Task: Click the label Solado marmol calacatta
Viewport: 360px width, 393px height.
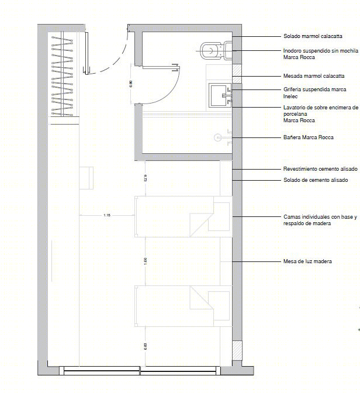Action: pyautogui.click(x=313, y=36)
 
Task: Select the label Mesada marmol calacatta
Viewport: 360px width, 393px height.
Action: pyautogui.click(x=314, y=75)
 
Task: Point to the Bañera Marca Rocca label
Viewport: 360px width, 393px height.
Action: pyautogui.click(x=309, y=137)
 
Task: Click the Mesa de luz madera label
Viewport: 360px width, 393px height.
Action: pyautogui.click(x=307, y=261)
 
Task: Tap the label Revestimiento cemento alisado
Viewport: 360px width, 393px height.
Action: pyautogui.click(x=320, y=169)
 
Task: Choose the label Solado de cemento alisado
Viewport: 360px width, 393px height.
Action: pyautogui.click(x=316, y=180)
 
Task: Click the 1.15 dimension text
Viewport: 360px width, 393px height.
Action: pyautogui.click(x=107, y=215)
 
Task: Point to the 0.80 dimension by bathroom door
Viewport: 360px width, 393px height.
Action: pyautogui.click(x=131, y=84)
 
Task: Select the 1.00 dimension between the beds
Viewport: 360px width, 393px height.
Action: pyautogui.click(x=146, y=261)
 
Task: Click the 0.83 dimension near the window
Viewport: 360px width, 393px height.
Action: pyautogui.click(x=146, y=346)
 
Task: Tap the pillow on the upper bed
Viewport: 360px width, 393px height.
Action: pyautogui.click(x=219, y=216)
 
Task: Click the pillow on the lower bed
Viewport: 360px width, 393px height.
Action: pyautogui.click(x=219, y=306)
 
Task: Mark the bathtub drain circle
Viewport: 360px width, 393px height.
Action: pyautogui.click(x=218, y=137)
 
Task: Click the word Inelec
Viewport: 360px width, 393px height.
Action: pyautogui.click(x=290, y=96)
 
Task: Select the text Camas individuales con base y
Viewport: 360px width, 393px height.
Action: pyautogui.click(x=320, y=217)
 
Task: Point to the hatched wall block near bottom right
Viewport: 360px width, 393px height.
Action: pyautogui.click(x=237, y=350)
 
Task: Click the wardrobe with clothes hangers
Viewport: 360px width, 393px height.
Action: pyautogui.click(x=63, y=74)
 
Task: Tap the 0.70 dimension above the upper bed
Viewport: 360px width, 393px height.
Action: pyautogui.click(x=145, y=178)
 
